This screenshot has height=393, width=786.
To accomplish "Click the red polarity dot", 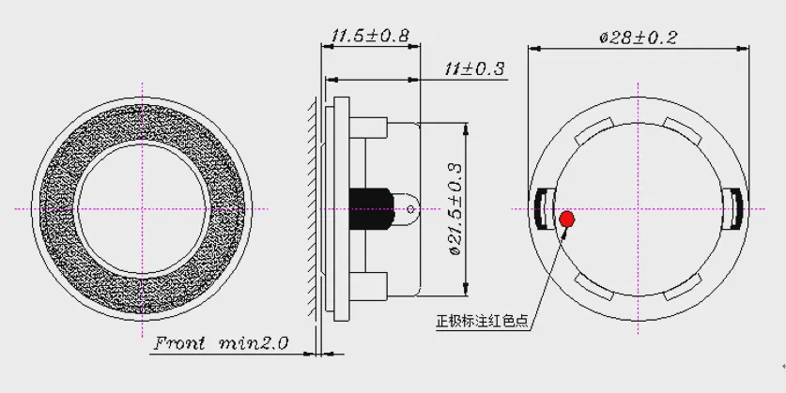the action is point(567,219).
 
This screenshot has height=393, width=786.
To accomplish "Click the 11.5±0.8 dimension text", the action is point(370,36).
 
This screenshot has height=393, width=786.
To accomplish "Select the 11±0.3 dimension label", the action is point(474,68).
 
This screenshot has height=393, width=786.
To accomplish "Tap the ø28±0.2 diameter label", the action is point(639,38).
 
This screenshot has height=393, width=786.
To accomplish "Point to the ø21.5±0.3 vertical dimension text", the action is point(455,209).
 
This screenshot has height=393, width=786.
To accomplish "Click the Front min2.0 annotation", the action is point(221,343).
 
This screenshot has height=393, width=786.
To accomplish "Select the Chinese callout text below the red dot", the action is point(483,321).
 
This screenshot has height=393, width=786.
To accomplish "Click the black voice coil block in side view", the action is point(371,209).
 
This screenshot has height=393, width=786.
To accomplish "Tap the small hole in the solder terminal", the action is point(411,209).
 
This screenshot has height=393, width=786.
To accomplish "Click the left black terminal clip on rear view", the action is point(542,209).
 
